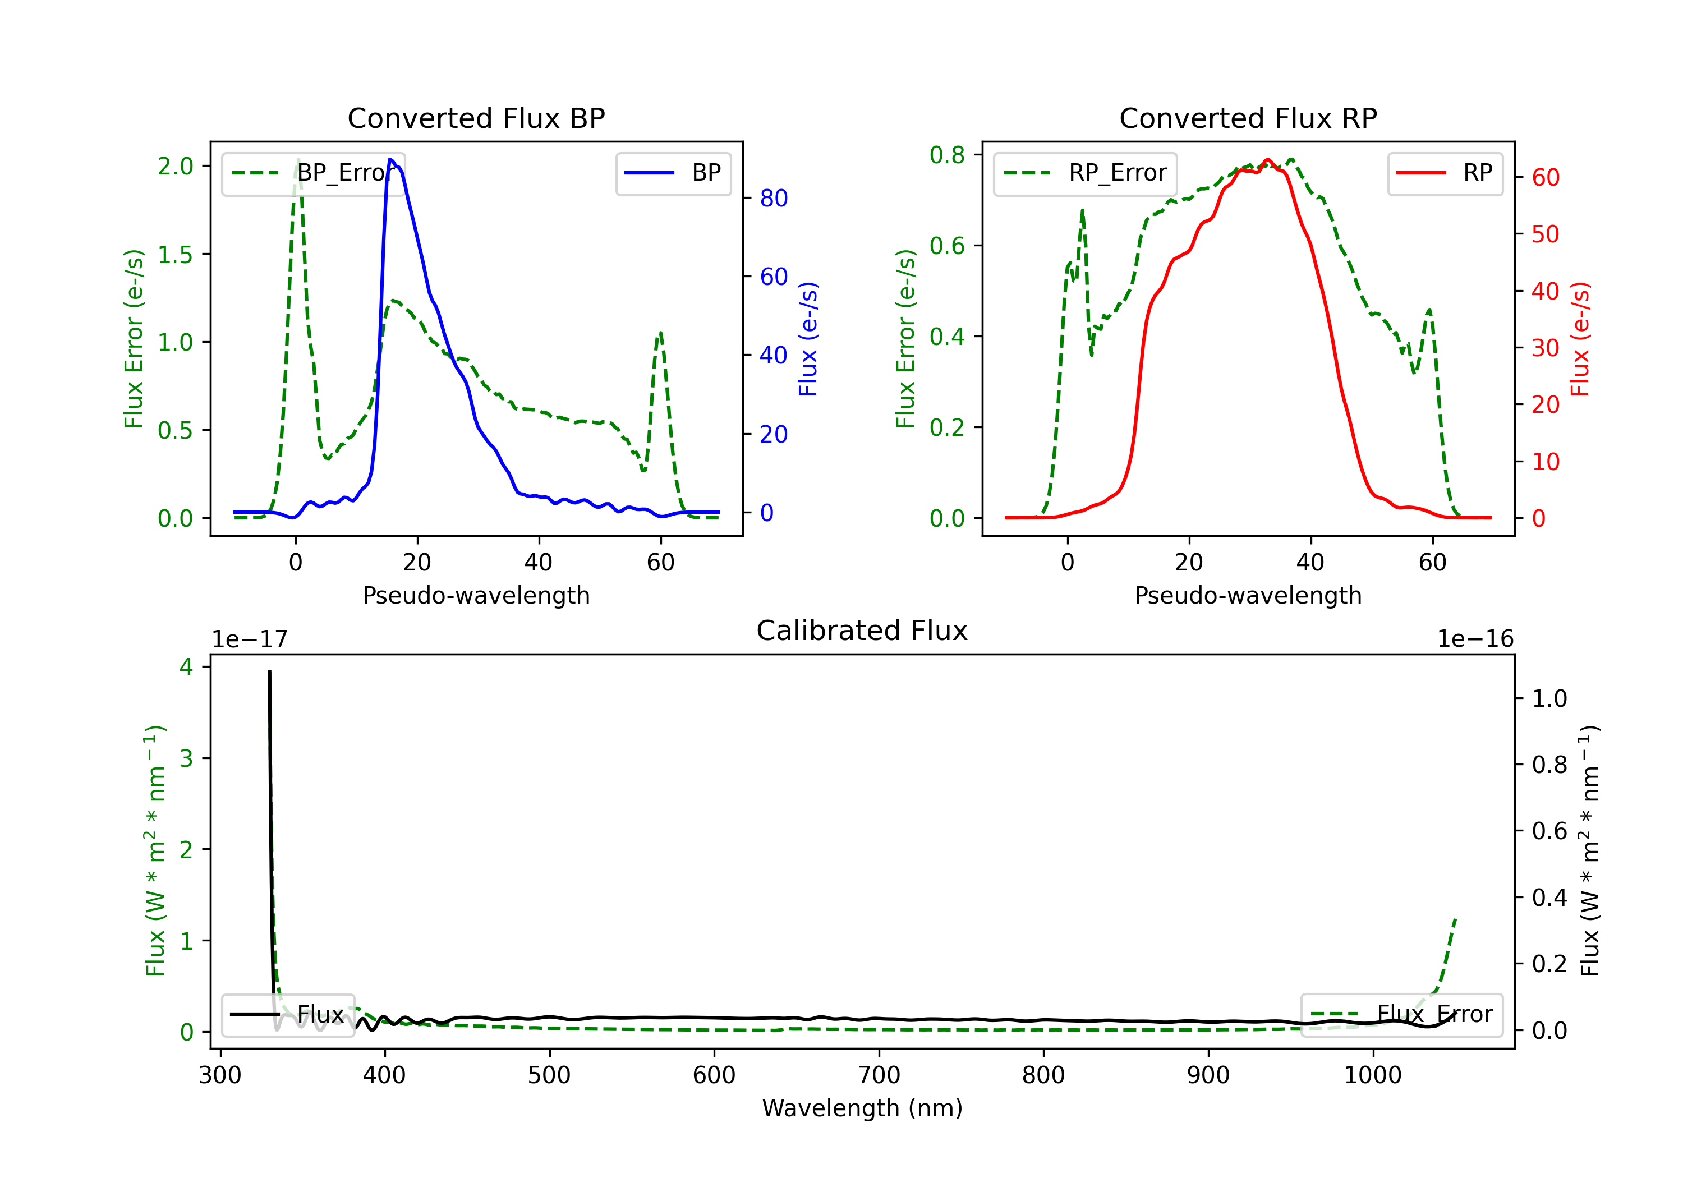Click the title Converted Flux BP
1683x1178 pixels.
click(476, 118)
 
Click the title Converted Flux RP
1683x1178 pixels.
click(1248, 118)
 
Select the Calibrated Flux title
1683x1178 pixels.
click(862, 631)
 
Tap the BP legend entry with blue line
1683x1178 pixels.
click(673, 173)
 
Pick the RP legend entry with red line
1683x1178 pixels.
click(1445, 173)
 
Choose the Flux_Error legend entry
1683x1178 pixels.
click(1401, 1015)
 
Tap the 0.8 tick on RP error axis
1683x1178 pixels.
click(947, 155)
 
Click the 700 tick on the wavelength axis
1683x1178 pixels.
click(879, 1075)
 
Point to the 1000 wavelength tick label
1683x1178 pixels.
click(1373, 1075)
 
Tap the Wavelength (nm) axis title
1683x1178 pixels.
click(862, 1108)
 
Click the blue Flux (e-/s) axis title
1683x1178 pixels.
click(808, 339)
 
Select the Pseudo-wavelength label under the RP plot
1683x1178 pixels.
click(1248, 595)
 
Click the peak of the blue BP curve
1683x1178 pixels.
click(390, 159)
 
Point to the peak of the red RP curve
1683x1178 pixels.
click(1267, 159)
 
